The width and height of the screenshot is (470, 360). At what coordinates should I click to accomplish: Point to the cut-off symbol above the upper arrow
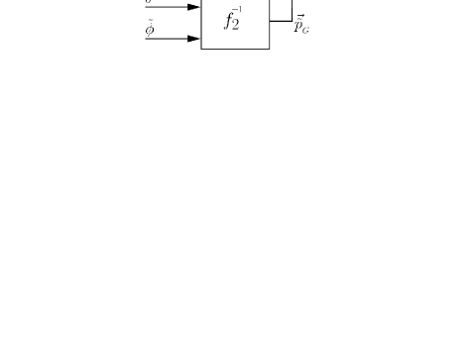149,2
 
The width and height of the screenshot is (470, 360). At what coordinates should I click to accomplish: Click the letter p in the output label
300,26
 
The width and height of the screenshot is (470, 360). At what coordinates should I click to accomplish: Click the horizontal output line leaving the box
281,20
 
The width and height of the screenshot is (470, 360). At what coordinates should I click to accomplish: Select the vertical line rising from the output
292,10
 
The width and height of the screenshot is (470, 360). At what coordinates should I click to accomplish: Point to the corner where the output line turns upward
292,20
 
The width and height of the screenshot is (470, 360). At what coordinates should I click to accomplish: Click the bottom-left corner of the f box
201,49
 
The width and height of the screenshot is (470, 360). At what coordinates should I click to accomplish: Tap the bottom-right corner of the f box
270,49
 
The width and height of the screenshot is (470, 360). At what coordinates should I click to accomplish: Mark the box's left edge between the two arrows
201,23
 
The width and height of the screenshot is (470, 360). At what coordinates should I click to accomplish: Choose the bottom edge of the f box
235,49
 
